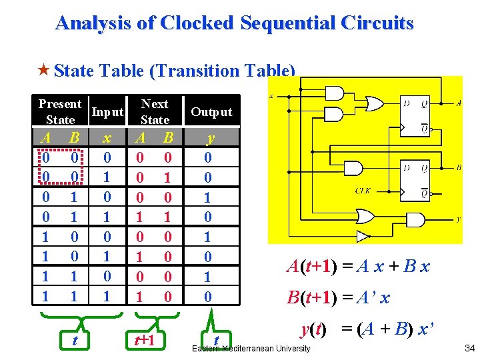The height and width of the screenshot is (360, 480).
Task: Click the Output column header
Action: pos(211,112)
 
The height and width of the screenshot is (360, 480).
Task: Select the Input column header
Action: pos(108,112)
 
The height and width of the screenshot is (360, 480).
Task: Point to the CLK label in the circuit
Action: pos(363,189)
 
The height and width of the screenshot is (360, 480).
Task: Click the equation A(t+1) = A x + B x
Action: pos(358,267)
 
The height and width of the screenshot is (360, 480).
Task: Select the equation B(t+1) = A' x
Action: pos(338,298)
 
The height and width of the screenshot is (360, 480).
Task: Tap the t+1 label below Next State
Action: pos(144,341)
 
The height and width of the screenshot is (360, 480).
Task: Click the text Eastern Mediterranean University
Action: pos(251,349)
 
